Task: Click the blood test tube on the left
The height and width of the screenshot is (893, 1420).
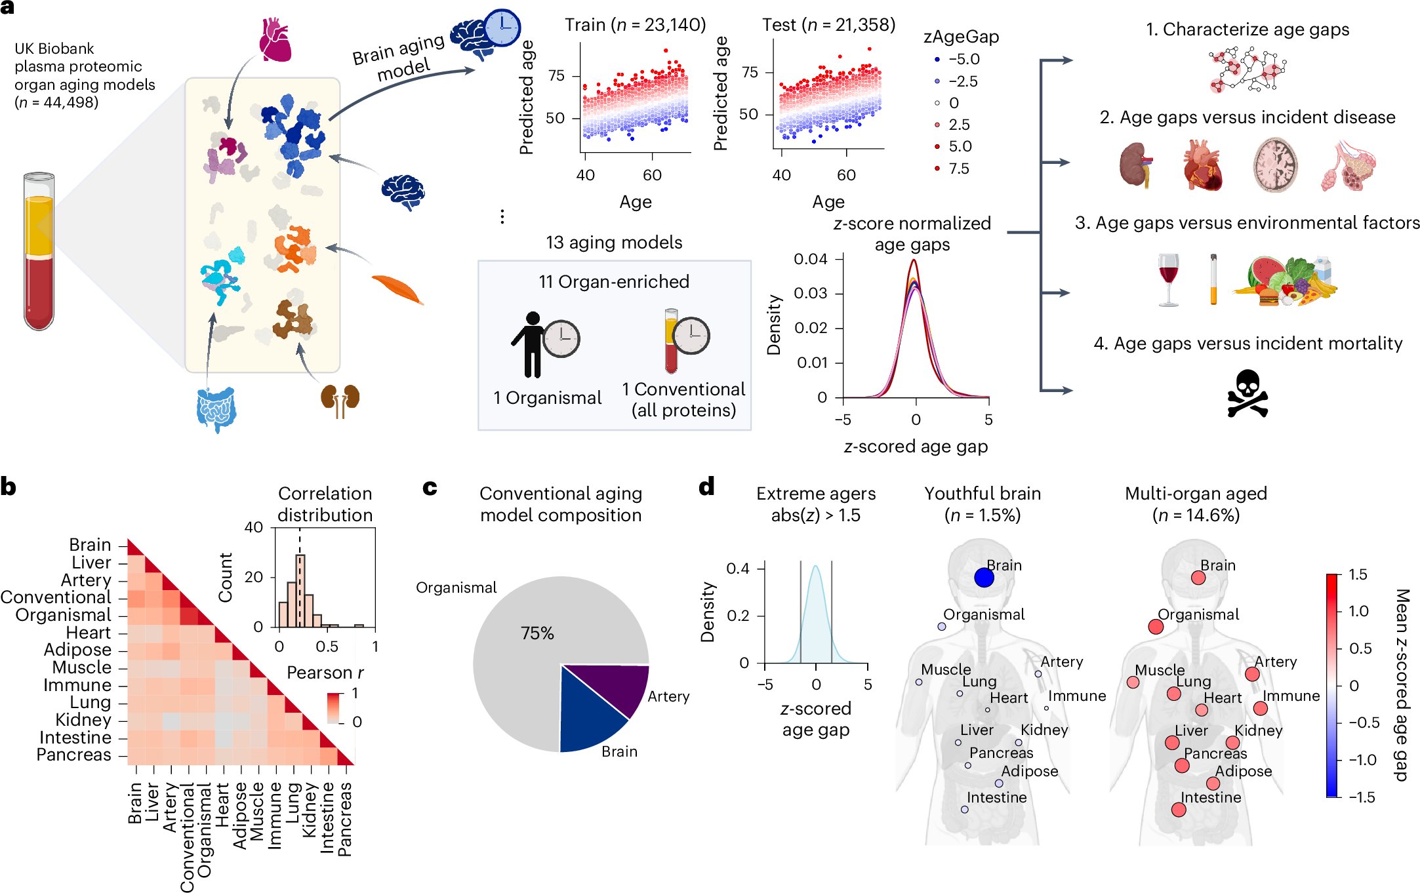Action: coord(39,252)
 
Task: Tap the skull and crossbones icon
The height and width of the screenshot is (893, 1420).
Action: coord(1247,394)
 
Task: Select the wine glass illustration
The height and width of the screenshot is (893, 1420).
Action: coord(1168,279)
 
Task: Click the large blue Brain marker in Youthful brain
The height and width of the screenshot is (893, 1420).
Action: coord(984,578)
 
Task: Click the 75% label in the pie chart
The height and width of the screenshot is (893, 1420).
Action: coord(537,633)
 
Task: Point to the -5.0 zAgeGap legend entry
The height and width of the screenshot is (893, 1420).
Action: coord(957,60)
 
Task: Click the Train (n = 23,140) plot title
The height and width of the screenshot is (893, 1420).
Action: coord(635,25)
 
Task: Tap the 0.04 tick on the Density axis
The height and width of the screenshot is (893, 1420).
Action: coord(811,259)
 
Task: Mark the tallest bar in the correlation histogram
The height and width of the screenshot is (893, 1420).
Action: coord(300,591)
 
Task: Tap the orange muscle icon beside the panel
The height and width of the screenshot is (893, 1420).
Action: coord(397,289)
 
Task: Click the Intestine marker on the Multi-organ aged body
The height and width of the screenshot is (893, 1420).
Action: coord(1179,810)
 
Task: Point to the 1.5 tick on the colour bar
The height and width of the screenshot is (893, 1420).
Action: coord(1358,575)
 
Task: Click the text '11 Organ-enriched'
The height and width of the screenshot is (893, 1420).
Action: coord(614,282)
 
